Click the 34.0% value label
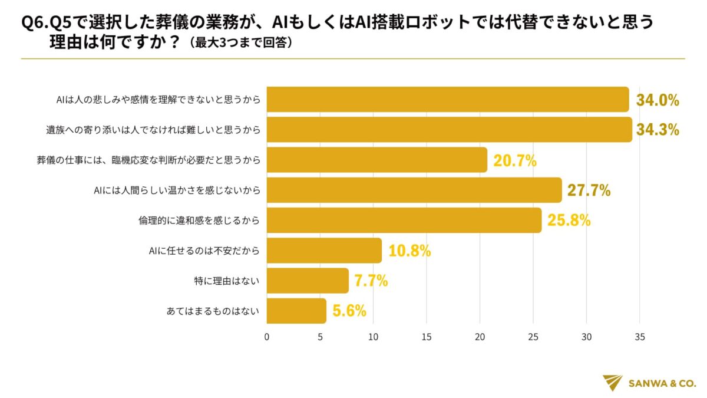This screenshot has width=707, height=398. pos(658,100)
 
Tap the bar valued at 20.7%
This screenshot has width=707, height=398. pos(377,160)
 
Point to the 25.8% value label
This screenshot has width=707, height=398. pos(569,221)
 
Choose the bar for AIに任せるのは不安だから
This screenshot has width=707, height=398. pos(324,251)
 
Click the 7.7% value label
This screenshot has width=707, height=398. pos(371,281)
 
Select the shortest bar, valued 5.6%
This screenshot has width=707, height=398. pos(296,311)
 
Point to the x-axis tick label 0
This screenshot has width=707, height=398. pos(267,337)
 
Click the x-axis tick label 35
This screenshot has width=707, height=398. pos(640,337)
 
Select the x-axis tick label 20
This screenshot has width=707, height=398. pos(480,337)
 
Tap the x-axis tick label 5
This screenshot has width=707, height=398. pos(320,337)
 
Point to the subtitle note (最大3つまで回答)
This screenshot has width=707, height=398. pos(240,44)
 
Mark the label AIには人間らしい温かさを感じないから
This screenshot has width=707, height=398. pos(177,190)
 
